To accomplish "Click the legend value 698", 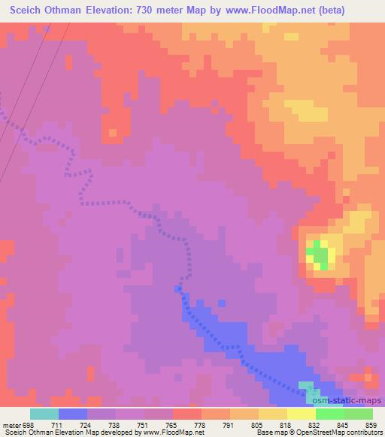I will coord(25,424).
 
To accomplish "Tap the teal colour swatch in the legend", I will coord(44,414).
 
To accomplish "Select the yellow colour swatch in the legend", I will coord(301,414).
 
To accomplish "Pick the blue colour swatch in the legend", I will coord(73,414).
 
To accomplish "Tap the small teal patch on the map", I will coord(308,387).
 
